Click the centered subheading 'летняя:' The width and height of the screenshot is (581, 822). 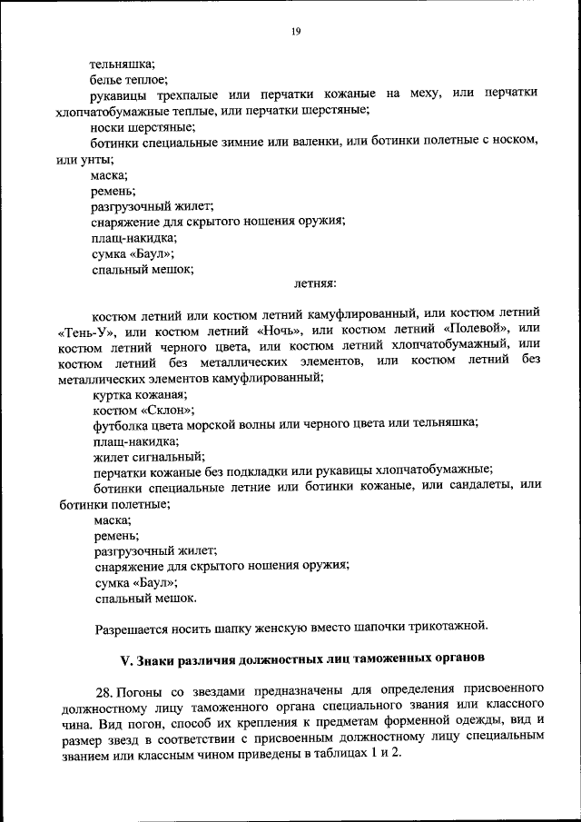(315, 283)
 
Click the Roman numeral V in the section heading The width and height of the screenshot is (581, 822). (126, 656)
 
